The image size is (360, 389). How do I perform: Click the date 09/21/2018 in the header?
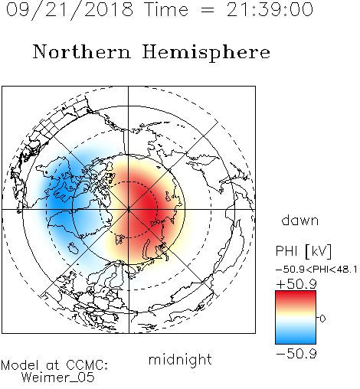click(70, 10)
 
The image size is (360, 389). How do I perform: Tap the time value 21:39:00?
click(270, 9)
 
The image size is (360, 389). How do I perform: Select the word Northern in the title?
click(82, 51)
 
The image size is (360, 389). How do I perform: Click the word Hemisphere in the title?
click(206, 52)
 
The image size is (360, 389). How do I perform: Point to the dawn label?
click(300, 220)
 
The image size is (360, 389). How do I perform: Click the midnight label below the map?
click(180, 359)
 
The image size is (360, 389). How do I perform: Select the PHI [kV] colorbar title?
click(303, 251)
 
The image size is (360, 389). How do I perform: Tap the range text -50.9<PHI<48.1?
click(316, 270)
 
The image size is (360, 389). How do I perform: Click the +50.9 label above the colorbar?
click(296, 284)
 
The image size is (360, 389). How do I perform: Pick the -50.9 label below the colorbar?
click(296, 354)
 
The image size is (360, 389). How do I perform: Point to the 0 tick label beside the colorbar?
click(322, 319)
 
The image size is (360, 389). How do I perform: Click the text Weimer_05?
click(58, 378)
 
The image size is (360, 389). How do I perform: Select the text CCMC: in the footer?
click(87, 365)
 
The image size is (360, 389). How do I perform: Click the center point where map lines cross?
click(129, 210)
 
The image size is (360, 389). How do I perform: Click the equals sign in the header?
click(208, 10)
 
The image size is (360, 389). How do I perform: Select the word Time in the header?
click(166, 9)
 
